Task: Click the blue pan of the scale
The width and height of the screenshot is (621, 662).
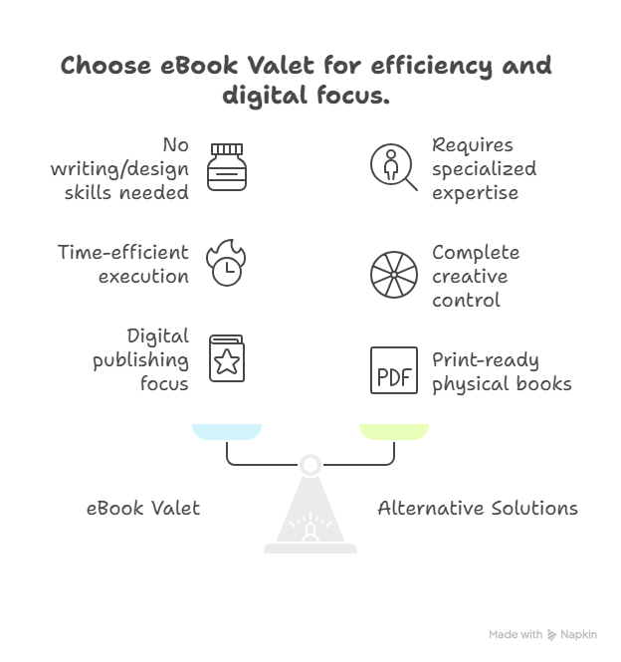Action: click(227, 432)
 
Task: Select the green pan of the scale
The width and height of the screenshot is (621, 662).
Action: click(394, 432)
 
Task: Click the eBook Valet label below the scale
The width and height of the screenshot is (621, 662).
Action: click(143, 509)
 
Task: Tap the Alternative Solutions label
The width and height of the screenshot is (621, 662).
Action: click(478, 509)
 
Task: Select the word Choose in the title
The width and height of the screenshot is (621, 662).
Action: click(107, 67)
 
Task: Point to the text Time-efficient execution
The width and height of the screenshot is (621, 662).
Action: click(123, 264)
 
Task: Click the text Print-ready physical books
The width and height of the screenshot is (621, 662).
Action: click(502, 371)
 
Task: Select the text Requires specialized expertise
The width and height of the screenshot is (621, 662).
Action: click(484, 168)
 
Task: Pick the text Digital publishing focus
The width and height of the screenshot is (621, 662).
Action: click(142, 359)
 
